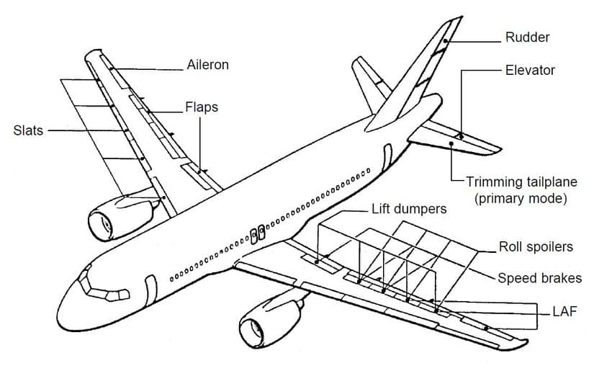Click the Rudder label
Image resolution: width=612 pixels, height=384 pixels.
(527, 37)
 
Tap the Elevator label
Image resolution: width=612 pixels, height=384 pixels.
(530, 71)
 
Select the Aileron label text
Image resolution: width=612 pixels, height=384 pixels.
(207, 65)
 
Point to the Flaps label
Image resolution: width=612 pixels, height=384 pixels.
(201, 107)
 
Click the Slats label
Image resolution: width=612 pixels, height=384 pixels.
(28, 130)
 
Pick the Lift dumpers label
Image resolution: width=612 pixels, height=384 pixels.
(408, 209)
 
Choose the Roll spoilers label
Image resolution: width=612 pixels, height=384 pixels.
(536, 247)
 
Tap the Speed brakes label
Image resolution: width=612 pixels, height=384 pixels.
(539, 277)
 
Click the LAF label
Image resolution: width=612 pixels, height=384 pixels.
(564, 311)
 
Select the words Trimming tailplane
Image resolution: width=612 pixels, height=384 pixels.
(521, 183)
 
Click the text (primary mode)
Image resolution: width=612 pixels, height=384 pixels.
(521, 198)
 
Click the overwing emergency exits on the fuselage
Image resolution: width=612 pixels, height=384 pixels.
(256, 233)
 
